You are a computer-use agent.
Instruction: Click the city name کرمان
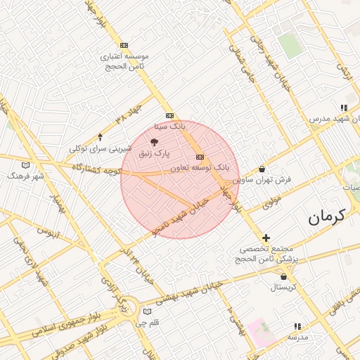tap(328, 217)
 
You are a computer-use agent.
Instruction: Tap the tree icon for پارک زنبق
tap(165, 142)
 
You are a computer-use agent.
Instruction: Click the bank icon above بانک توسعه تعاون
tap(200, 157)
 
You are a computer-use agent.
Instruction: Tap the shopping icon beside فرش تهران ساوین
tap(262, 169)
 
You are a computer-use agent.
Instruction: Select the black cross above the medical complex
tap(266, 238)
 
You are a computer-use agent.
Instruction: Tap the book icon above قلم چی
tap(147, 311)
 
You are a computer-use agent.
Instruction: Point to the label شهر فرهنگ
tap(26, 176)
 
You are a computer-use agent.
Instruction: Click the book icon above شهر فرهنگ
tap(26, 165)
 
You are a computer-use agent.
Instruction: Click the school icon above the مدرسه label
tap(297, 326)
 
